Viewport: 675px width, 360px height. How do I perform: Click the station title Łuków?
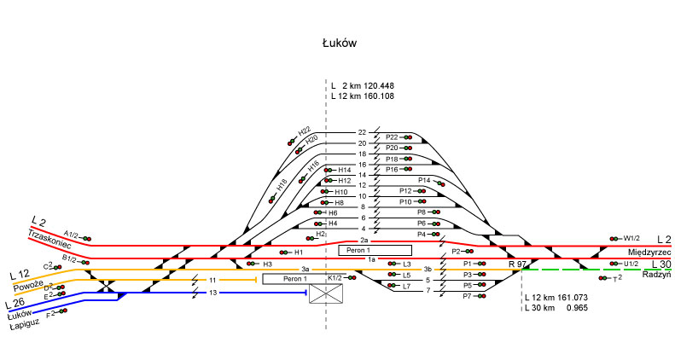point(339,42)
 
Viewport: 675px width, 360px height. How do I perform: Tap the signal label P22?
point(392,136)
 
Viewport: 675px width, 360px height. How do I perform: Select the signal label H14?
point(345,171)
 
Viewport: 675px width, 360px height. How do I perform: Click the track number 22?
point(362,133)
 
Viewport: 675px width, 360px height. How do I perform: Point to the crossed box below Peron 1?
point(325,294)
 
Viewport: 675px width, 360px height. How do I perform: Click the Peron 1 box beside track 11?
point(294,279)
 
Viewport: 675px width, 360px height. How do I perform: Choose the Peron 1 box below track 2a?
point(375,251)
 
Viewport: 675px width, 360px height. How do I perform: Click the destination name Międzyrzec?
point(650,253)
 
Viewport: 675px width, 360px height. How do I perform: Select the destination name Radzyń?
point(657,275)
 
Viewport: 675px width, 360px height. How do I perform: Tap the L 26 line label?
point(15,304)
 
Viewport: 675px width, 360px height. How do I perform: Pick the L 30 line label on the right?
point(661,264)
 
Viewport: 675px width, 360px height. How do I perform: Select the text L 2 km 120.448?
point(362,86)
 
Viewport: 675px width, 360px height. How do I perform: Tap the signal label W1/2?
point(631,238)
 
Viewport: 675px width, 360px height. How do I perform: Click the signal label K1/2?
point(335,278)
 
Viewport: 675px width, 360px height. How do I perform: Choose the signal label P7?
point(467,296)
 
